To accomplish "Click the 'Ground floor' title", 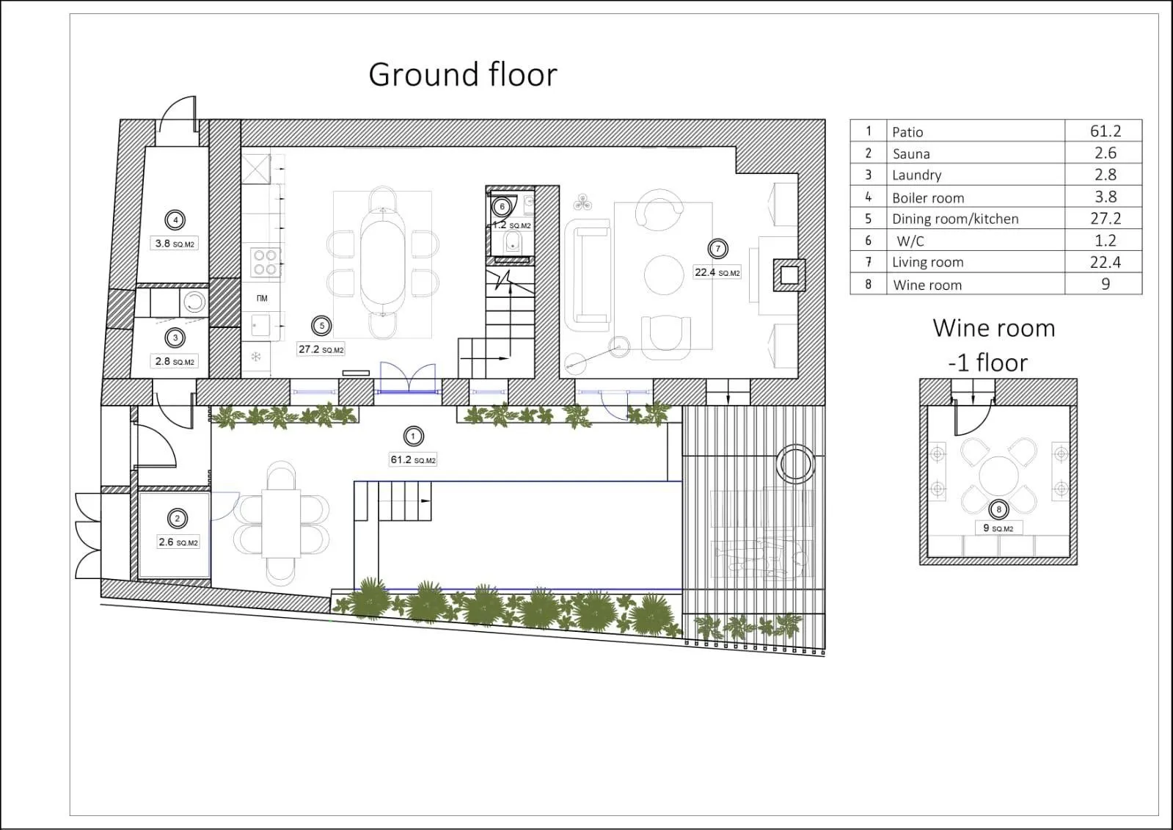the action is [463, 74].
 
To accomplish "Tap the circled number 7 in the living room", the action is [718, 249].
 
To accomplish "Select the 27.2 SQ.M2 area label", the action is [321, 349].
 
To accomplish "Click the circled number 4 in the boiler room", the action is [175, 220].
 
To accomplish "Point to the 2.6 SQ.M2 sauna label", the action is [178, 542].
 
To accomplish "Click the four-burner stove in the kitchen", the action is [266, 263].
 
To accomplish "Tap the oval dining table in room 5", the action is [383, 262].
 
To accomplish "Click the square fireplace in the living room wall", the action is [789, 275].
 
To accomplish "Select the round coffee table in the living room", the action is [664, 275].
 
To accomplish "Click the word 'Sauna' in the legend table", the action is [911, 153].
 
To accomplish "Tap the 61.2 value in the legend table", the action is [1106, 131].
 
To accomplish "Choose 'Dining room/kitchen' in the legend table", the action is [955, 219].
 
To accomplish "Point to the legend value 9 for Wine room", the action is [1106, 284].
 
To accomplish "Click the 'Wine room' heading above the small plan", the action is [993, 329].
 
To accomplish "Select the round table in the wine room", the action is [998, 476].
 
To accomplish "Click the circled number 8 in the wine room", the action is [998, 509].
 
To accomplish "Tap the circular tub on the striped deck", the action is [796, 464].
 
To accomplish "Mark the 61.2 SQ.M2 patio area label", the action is [413, 460].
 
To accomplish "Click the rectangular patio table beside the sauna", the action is [281, 523].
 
